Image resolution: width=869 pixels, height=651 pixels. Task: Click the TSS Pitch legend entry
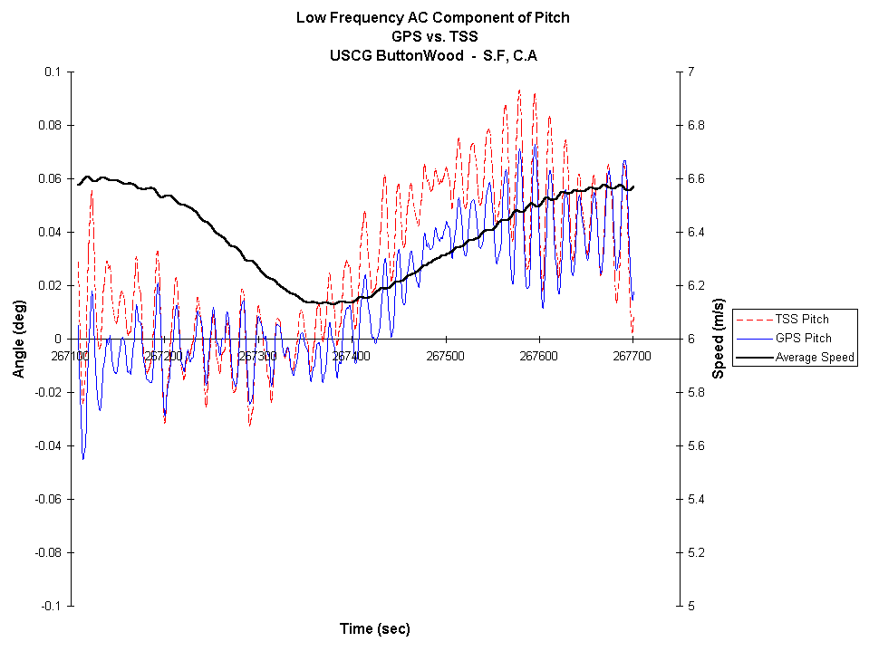point(801,319)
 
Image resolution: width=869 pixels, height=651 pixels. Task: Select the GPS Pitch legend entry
point(801,338)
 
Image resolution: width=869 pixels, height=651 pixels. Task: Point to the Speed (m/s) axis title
point(718,339)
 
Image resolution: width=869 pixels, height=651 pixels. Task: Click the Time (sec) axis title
point(374,628)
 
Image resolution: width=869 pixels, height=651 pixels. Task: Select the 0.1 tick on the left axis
point(52,72)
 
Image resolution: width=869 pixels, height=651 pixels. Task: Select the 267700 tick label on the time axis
point(632,356)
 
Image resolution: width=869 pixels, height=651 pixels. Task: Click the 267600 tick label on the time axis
point(539,356)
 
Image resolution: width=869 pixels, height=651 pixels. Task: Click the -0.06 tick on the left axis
point(47,499)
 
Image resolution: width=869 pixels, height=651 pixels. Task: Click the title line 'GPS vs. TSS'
point(432,36)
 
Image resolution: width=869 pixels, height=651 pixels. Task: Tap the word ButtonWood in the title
point(412,54)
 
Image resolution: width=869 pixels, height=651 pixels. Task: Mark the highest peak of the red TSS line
point(519,90)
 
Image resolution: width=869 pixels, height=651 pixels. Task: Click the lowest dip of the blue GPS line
point(83,459)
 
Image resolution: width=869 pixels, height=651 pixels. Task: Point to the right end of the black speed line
point(633,187)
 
